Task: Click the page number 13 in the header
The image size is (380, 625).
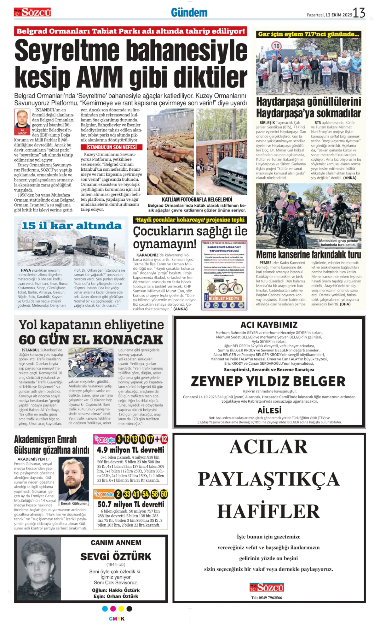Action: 359,13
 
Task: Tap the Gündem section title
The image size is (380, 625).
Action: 189,13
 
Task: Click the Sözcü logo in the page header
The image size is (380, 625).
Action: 32,12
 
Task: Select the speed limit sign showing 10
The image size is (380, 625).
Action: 276,46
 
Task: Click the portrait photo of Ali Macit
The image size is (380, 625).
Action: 22,120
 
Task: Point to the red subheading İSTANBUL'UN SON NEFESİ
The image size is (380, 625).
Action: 112,147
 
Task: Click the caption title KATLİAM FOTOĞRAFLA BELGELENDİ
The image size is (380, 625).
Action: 197,199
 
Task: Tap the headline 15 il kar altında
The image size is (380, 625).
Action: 72,226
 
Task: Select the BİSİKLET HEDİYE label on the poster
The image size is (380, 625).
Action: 224,298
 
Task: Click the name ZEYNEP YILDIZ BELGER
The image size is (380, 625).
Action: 268,381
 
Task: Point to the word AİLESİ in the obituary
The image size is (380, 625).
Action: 269,410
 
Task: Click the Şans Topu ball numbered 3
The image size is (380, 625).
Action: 119,439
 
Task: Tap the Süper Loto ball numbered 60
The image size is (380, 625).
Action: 164,494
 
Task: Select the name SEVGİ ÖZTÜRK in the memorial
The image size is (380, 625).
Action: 116,556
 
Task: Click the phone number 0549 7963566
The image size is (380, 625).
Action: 267,598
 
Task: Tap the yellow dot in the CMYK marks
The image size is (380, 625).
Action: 121,609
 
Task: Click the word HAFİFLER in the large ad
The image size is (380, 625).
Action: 268,511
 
